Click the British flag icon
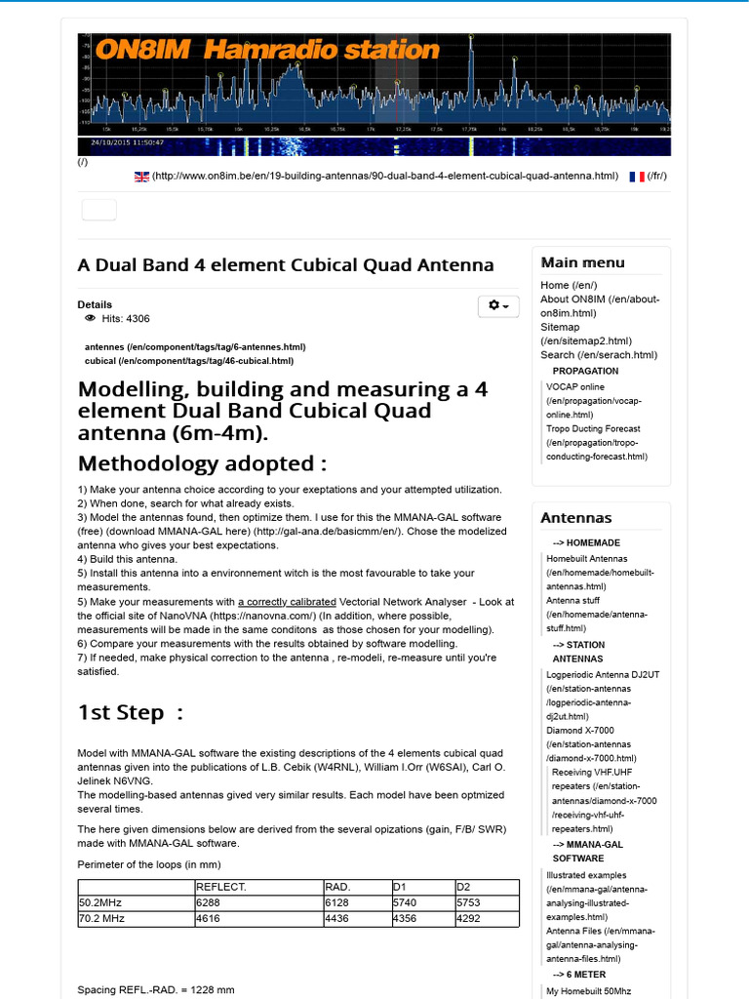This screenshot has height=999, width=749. (141, 177)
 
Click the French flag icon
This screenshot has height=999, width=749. (636, 177)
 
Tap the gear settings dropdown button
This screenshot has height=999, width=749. (498, 305)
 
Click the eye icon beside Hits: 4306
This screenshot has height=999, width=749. (90, 318)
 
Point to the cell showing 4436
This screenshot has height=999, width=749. (337, 918)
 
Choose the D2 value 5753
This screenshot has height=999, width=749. (469, 903)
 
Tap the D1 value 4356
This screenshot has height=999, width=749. (405, 918)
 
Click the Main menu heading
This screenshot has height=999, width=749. (582, 262)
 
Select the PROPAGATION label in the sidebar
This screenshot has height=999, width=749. (585, 371)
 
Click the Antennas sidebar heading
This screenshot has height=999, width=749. (575, 518)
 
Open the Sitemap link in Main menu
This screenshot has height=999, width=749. (560, 328)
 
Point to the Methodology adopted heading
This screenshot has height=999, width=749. (202, 462)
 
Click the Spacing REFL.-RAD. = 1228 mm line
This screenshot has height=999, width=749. (156, 990)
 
